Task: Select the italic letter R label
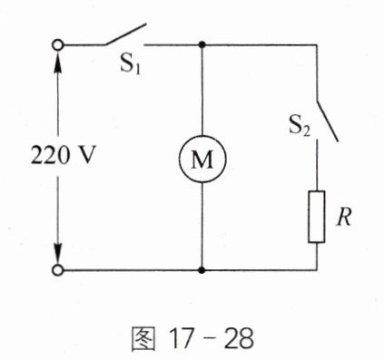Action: pyautogui.click(x=344, y=217)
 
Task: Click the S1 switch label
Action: pyautogui.click(x=131, y=64)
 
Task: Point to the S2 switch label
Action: pyautogui.click(x=300, y=125)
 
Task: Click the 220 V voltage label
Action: pyautogui.click(x=64, y=155)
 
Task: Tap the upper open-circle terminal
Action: pyautogui.click(x=57, y=45)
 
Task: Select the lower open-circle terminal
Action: pyautogui.click(x=57, y=270)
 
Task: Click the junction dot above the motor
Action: pyautogui.click(x=202, y=45)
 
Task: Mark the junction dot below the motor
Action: pyautogui.click(x=202, y=270)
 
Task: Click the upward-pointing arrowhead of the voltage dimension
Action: pyautogui.click(x=57, y=63)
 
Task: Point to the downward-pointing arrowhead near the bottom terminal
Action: pyautogui.click(x=57, y=252)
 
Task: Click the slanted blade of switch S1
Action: pyautogui.click(x=125, y=34)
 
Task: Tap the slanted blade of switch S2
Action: pyautogui.click(x=327, y=121)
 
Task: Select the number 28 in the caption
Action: pyautogui.click(x=240, y=338)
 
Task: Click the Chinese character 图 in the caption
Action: pyautogui.click(x=143, y=338)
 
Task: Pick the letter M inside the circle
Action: pyautogui.click(x=202, y=160)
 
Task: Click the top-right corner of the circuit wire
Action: pyautogui.click(x=317, y=45)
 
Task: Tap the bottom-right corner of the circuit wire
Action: pyautogui.click(x=317, y=270)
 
